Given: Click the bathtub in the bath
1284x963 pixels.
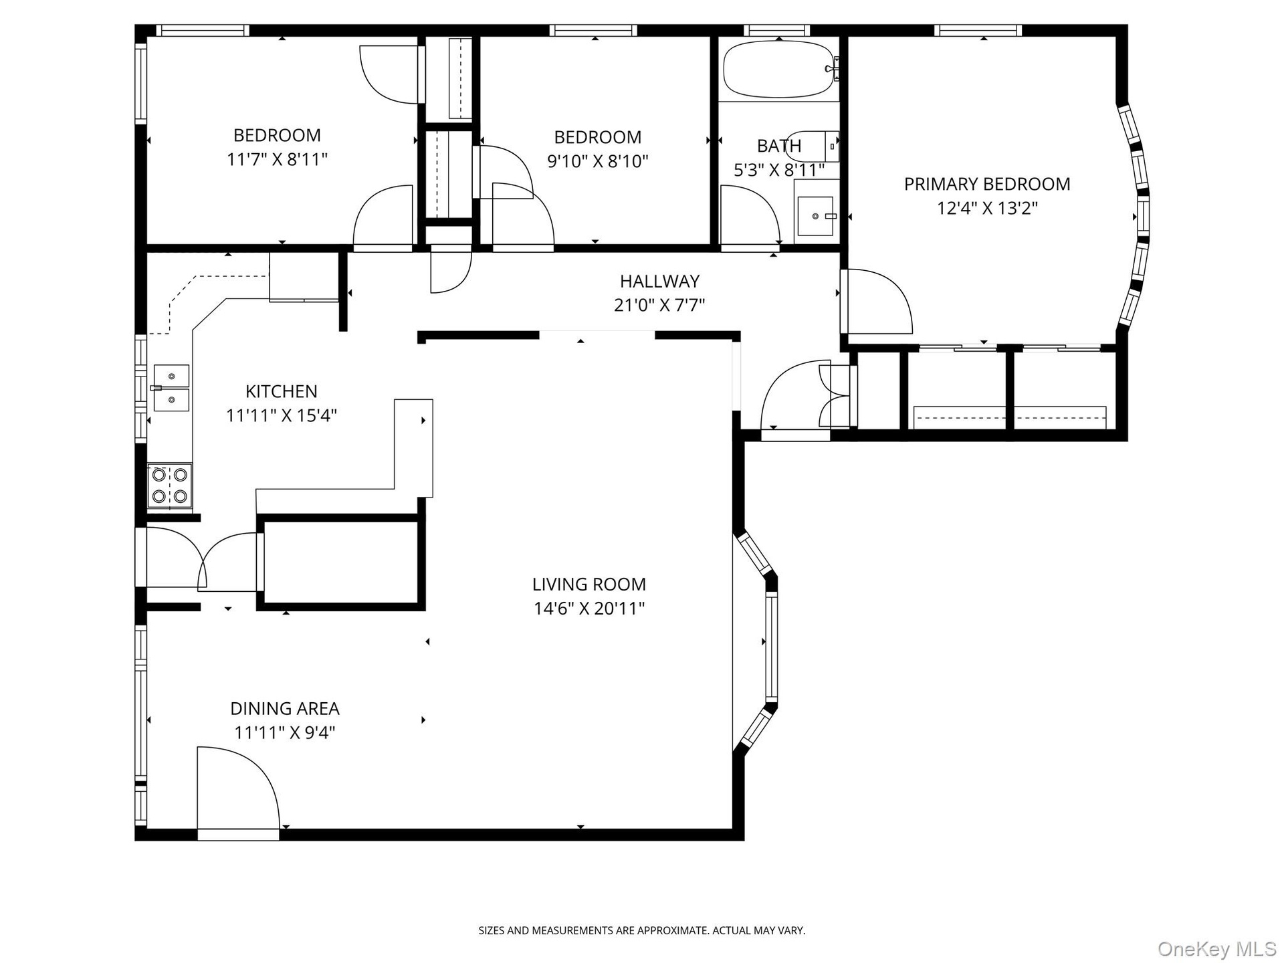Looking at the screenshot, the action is click(x=780, y=70).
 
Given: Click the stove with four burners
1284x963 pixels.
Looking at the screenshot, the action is click(x=169, y=486).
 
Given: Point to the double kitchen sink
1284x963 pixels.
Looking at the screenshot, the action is click(x=171, y=388).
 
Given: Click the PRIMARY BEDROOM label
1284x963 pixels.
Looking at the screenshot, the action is click(x=987, y=184).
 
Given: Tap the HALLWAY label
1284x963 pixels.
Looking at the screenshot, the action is click(x=659, y=281).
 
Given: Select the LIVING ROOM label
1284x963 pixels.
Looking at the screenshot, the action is click(x=589, y=584).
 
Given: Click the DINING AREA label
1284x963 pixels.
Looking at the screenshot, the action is click(x=285, y=708).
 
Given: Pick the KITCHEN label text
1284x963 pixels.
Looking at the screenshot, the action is click(x=282, y=391).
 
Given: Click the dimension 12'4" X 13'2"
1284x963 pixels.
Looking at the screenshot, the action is click(x=987, y=208).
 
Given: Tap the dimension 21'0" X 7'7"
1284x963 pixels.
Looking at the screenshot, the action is click(x=659, y=305).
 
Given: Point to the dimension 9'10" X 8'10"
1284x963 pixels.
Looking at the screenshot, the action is click(x=598, y=161).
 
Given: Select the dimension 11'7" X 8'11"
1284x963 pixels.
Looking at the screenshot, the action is click(x=278, y=159).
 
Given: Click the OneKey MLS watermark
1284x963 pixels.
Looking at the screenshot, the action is click(x=1216, y=948).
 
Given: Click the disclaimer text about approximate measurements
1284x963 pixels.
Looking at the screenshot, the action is click(x=642, y=930).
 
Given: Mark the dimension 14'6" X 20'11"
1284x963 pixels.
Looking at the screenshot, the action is click(x=589, y=609).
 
